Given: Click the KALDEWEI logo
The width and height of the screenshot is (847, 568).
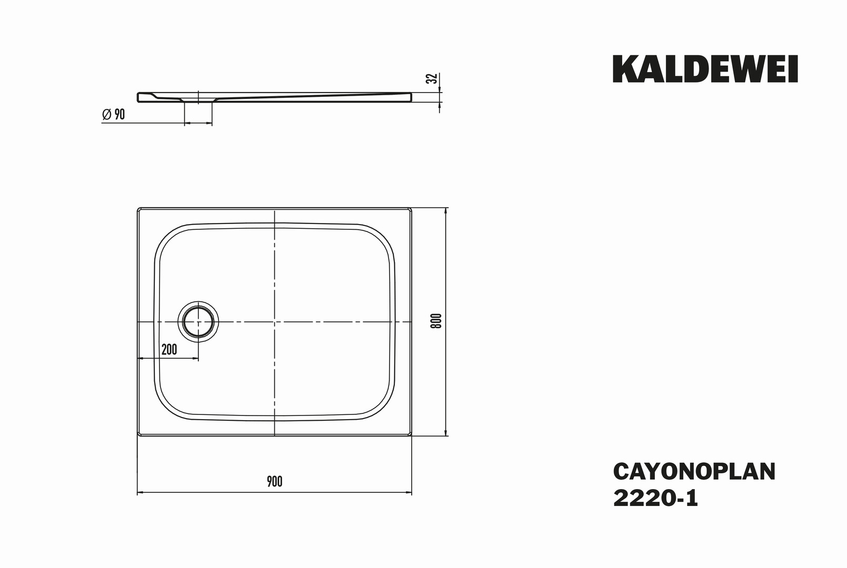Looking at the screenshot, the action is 705,69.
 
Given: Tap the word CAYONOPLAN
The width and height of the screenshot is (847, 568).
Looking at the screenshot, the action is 694,472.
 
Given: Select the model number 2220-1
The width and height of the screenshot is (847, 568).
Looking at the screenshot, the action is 656,499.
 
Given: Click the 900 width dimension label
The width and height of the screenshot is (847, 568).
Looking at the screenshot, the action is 274,482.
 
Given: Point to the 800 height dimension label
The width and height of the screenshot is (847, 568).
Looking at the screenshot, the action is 436,321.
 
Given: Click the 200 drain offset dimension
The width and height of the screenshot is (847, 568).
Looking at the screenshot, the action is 169,350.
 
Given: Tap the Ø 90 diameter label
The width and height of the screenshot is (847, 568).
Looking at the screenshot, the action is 113,114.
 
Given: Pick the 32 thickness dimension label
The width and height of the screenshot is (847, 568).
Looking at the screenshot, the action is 432,78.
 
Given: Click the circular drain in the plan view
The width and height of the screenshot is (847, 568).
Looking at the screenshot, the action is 198,322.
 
